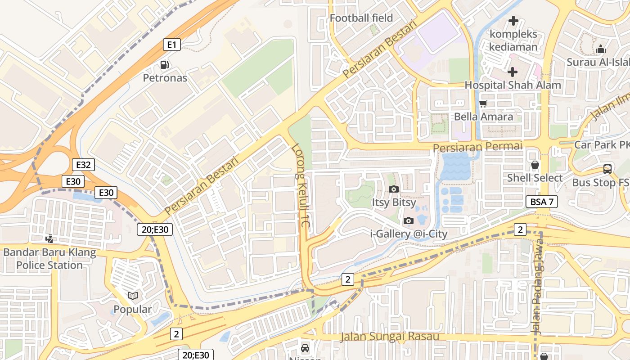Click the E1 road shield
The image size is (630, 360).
pyautogui.click(x=171, y=45)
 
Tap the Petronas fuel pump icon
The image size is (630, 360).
pyautogui.click(x=165, y=65)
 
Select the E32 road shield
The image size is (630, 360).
pyautogui.click(x=83, y=165)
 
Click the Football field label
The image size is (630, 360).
pyautogui.click(x=361, y=18)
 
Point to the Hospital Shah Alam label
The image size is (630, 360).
pyautogui.click(x=513, y=85)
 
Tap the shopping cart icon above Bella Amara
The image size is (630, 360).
pyautogui.click(x=483, y=104)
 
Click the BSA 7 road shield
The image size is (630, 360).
pyautogui.click(x=542, y=202)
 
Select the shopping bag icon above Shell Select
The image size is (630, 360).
pyautogui.click(x=535, y=165)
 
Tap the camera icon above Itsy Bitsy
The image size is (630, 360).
pyautogui.click(x=394, y=189)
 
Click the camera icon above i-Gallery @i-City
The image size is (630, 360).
pyautogui.click(x=409, y=220)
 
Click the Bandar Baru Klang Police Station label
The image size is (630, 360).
pyautogui.click(x=49, y=259)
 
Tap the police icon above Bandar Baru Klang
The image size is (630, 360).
pyautogui.click(x=50, y=238)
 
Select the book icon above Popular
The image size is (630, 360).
pyautogui.click(x=133, y=296)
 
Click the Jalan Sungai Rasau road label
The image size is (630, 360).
pyautogui.click(x=390, y=337)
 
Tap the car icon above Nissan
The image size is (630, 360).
pyautogui.click(x=305, y=348)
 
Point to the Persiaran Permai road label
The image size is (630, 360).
pyautogui.click(x=477, y=147)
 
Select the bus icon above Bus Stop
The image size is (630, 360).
pyautogui.click(x=607, y=170)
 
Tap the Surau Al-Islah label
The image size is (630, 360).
pyautogui.click(x=598, y=62)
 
